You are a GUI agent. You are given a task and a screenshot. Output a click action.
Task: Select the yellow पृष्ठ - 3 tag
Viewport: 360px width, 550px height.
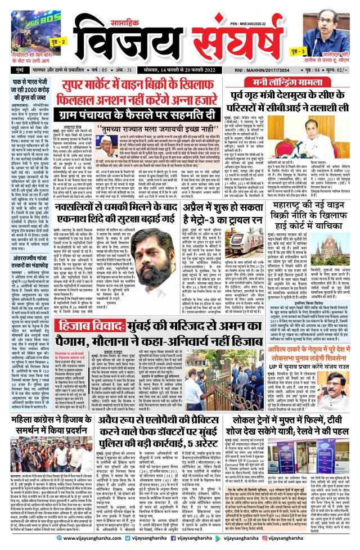[x=299, y=52]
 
